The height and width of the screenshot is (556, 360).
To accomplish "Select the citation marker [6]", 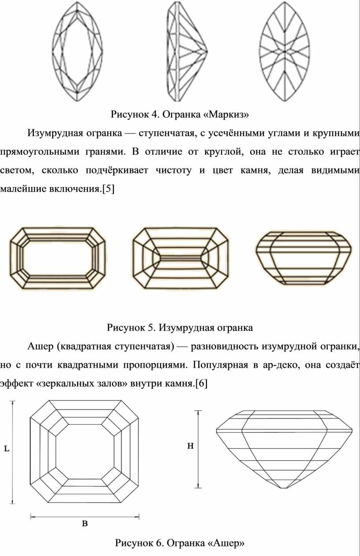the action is pos(201,384).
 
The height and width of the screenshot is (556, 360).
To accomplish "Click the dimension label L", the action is pos(7,448).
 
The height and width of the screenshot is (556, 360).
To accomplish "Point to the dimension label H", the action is pos(190,446).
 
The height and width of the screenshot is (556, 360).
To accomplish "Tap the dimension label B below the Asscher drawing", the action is pos(85,524).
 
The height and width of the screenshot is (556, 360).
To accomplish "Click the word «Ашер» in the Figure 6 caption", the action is pos(226,543).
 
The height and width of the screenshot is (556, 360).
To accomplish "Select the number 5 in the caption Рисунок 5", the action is pos(150,328).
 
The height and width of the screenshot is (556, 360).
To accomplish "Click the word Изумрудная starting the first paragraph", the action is pos(56,133).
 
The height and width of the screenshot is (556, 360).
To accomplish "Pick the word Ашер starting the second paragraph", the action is pos(40,346).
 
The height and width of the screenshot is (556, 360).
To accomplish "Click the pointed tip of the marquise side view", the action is pos(207,52).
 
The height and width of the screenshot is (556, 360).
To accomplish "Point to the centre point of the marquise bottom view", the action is pos(285,52).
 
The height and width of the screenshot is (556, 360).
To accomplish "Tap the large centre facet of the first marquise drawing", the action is pos(77,52).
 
